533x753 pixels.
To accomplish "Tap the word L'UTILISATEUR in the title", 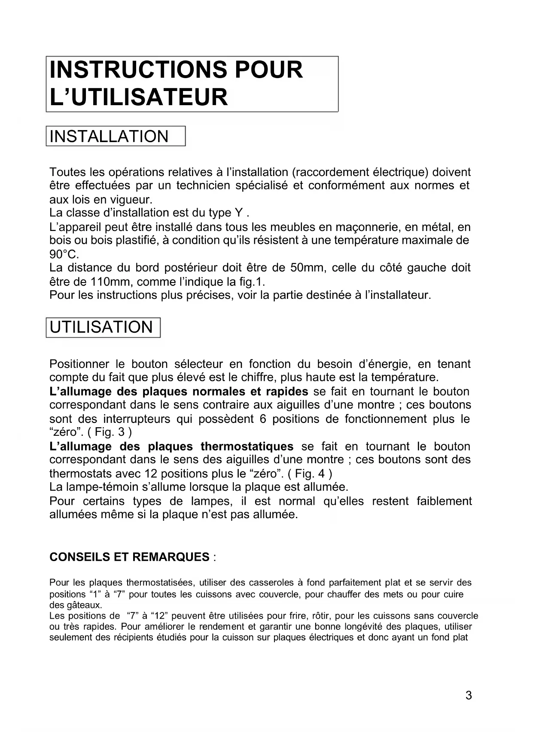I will coord(138,97).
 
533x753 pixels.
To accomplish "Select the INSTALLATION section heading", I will coord(109,137).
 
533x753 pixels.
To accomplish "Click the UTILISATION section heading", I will coord(101,327).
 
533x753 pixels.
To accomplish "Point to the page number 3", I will coord(469,695).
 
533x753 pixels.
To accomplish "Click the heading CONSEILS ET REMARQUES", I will coord(129,557).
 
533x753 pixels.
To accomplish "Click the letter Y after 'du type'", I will coord(238,213).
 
